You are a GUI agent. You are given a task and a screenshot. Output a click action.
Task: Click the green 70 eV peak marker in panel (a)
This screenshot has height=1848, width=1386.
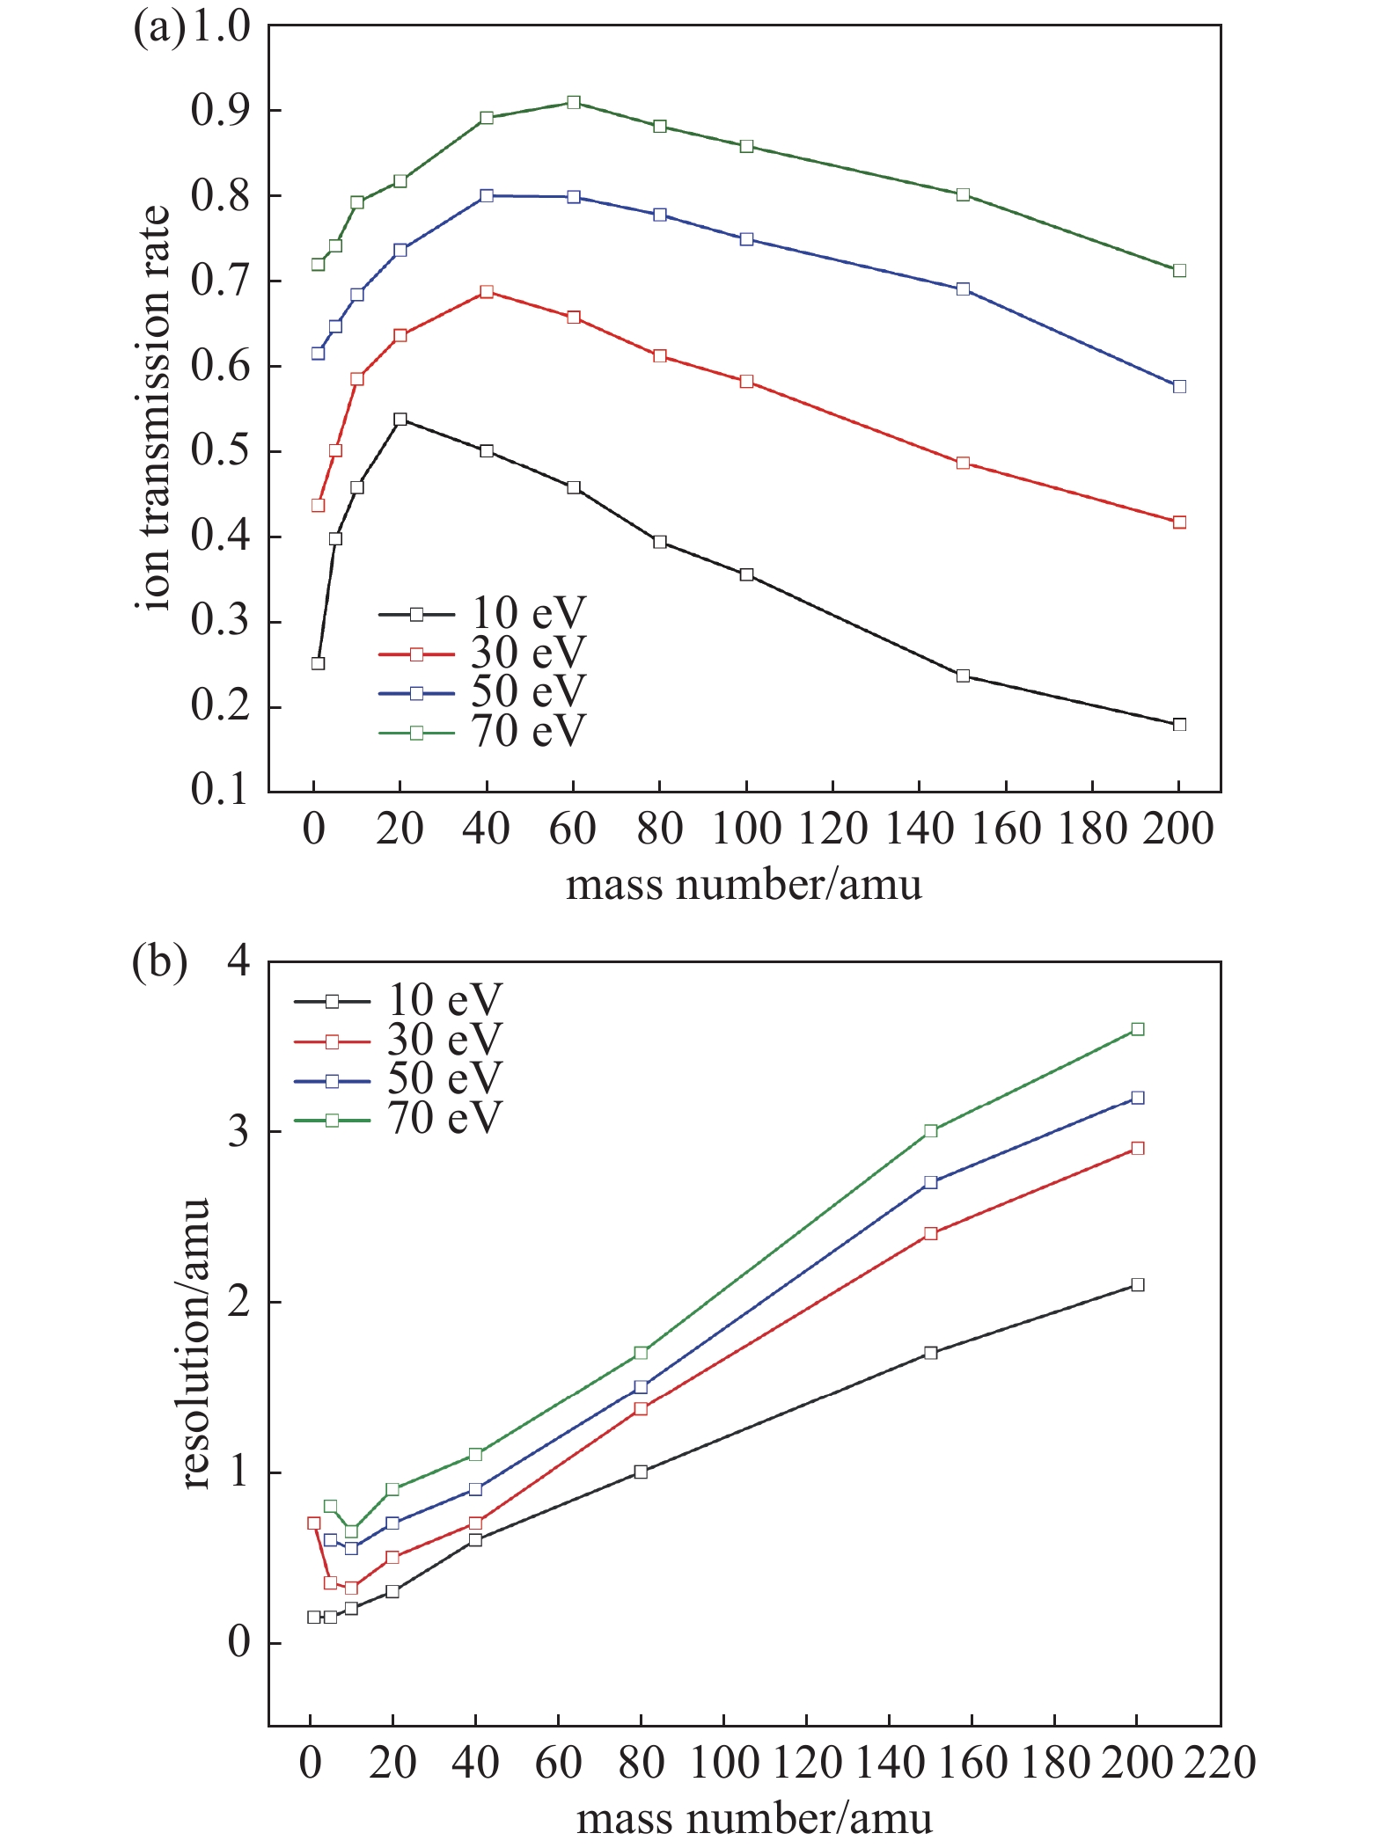coord(574,102)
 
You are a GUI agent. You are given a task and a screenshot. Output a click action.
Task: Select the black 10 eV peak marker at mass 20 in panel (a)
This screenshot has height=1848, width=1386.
coord(400,420)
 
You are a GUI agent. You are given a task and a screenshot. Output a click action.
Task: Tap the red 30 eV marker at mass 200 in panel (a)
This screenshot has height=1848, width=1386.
coord(1179,522)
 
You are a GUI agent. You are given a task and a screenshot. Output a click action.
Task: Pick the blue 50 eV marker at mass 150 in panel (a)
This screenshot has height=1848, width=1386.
coord(963,289)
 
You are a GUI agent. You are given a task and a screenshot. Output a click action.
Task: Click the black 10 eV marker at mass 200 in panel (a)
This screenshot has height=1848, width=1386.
coord(1179,725)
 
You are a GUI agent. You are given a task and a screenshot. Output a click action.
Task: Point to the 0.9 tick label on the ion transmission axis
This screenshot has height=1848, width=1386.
coord(220,111)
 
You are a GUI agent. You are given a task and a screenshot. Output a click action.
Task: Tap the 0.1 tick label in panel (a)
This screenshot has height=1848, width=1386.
coord(220,790)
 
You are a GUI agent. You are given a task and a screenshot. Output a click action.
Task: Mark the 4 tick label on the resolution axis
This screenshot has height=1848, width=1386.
coord(238,961)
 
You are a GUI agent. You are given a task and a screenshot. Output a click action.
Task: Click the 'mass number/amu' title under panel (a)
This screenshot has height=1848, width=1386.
coord(744,884)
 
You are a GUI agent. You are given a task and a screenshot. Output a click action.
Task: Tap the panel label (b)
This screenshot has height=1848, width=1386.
coord(159,961)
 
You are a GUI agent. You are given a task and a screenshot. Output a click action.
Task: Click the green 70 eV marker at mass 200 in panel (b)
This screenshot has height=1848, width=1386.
coord(1137,1029)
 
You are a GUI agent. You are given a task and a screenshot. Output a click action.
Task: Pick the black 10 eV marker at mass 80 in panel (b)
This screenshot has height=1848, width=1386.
coord(641,1472)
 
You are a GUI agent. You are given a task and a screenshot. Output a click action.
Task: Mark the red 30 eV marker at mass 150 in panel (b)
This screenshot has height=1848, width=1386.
coord(931,1234)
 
